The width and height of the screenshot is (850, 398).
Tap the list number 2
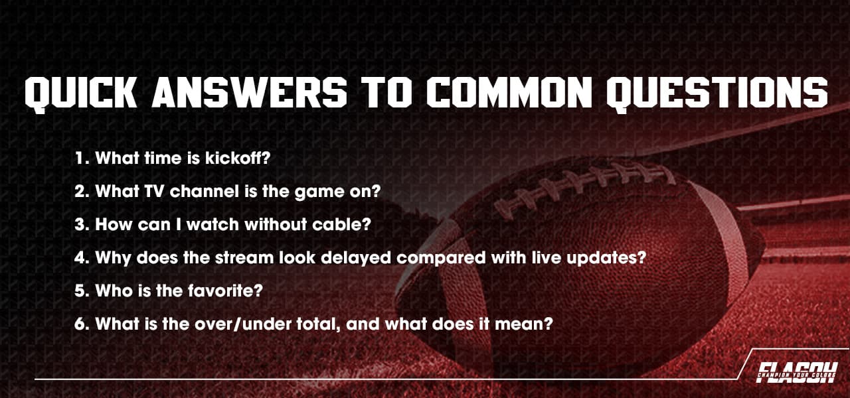tap(80, 191)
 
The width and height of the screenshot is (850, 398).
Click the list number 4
tap(80, 257)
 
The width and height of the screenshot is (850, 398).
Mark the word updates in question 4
tap(611, 258)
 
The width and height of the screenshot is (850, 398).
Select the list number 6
tap(80, 324)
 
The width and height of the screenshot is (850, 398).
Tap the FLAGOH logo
tap(797, 371)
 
